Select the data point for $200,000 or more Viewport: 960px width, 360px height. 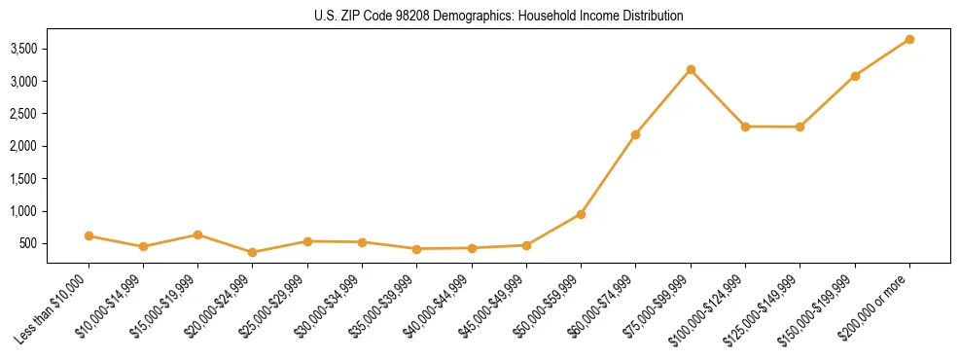click(909, 39)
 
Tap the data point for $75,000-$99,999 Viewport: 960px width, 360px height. click(691, 69)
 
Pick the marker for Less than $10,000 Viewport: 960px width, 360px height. click(89, 235)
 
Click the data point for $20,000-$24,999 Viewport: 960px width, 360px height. click(253, 252)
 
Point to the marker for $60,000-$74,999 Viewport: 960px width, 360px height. click(635, 134)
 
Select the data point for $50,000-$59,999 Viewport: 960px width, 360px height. click(581, 214)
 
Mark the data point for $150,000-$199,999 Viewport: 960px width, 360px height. click(855, 76)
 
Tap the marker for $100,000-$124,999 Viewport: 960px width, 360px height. click(745, 126)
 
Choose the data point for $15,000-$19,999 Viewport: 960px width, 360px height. click(197, 234)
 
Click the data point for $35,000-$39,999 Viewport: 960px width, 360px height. click(416, 249)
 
